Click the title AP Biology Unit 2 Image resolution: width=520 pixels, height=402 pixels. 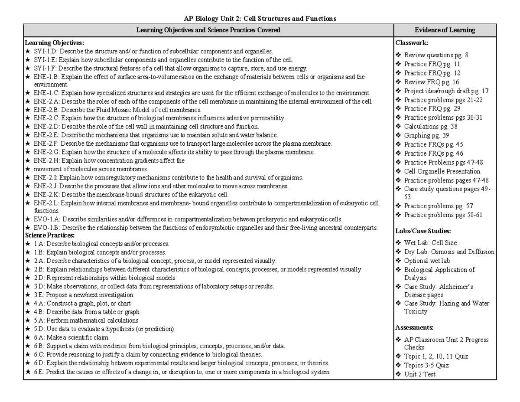260,19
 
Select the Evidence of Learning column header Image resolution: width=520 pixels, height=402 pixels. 445,30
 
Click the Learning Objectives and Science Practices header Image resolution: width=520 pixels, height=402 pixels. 208,30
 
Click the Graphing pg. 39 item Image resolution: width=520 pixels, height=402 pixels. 426,135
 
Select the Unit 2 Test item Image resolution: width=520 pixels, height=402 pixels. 419,374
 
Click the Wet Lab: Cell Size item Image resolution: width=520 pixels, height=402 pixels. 430,243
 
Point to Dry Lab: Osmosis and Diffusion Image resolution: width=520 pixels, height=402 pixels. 449,252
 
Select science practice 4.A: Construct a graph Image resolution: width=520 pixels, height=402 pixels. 82,304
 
